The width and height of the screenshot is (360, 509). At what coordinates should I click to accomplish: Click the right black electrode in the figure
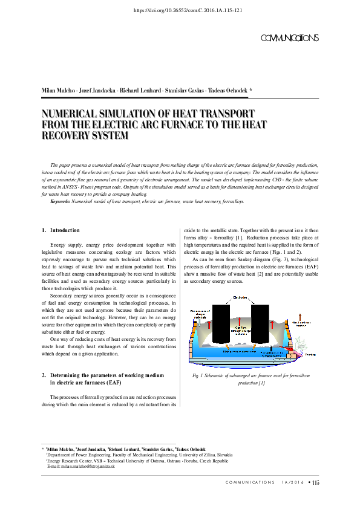260,325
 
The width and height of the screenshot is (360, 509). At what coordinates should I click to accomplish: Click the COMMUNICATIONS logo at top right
289,38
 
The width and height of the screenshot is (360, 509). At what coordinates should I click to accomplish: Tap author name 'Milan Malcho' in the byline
57,90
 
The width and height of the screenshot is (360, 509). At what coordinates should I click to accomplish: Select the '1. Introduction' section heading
61,230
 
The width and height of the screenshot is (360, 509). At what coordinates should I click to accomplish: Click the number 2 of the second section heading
43,375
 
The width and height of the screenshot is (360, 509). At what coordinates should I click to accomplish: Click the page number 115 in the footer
315,482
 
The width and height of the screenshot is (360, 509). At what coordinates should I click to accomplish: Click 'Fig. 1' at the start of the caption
197,377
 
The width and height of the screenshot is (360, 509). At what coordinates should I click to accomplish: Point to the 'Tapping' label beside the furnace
310,355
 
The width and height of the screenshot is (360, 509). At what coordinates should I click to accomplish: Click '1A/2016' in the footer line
292,482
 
